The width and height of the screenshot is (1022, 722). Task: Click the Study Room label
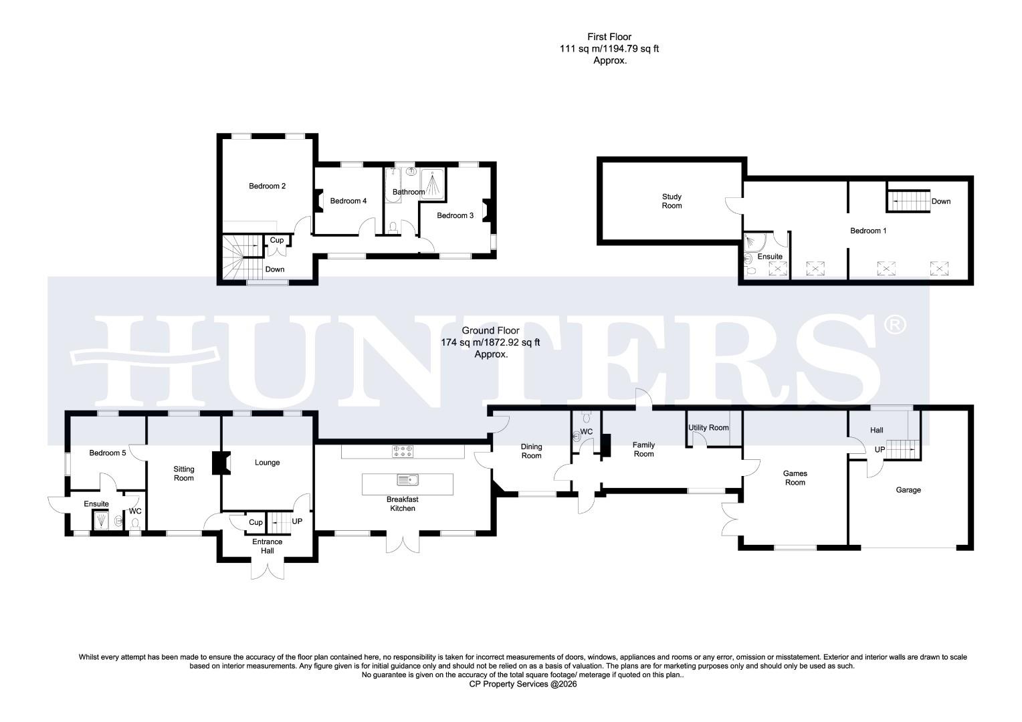(x=672, y=201)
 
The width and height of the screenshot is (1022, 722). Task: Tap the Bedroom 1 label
(x=868, y=231)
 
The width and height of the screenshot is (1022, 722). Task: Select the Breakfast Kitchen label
(x=403, y=504)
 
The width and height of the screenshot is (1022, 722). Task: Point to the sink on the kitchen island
(x=407, y=479)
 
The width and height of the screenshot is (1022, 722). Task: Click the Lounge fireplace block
(x=219, y=463)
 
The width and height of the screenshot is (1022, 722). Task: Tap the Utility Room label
(x=708, y=428)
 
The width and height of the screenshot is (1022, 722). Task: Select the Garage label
(x=908, y=490)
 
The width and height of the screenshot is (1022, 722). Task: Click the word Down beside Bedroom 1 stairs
(x=940, y=201)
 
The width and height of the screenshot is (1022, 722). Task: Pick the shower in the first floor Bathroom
(x=433, y=184)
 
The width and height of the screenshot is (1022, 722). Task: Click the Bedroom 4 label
(x=348, y=201)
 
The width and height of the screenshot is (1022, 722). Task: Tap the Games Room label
(x=795, y=478)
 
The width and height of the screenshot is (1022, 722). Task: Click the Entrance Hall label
(x=268, y=546)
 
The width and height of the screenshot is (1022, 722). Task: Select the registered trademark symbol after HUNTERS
(x=894, y=326)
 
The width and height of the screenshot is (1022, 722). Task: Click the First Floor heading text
(x=609, y=37)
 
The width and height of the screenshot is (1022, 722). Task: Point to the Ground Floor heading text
(x=490, y=331)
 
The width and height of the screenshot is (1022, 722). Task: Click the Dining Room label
(x=531, y=451)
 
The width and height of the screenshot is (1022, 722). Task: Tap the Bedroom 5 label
(x=108, y=453)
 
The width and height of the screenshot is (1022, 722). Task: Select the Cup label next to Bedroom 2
(x=276, y=241)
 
